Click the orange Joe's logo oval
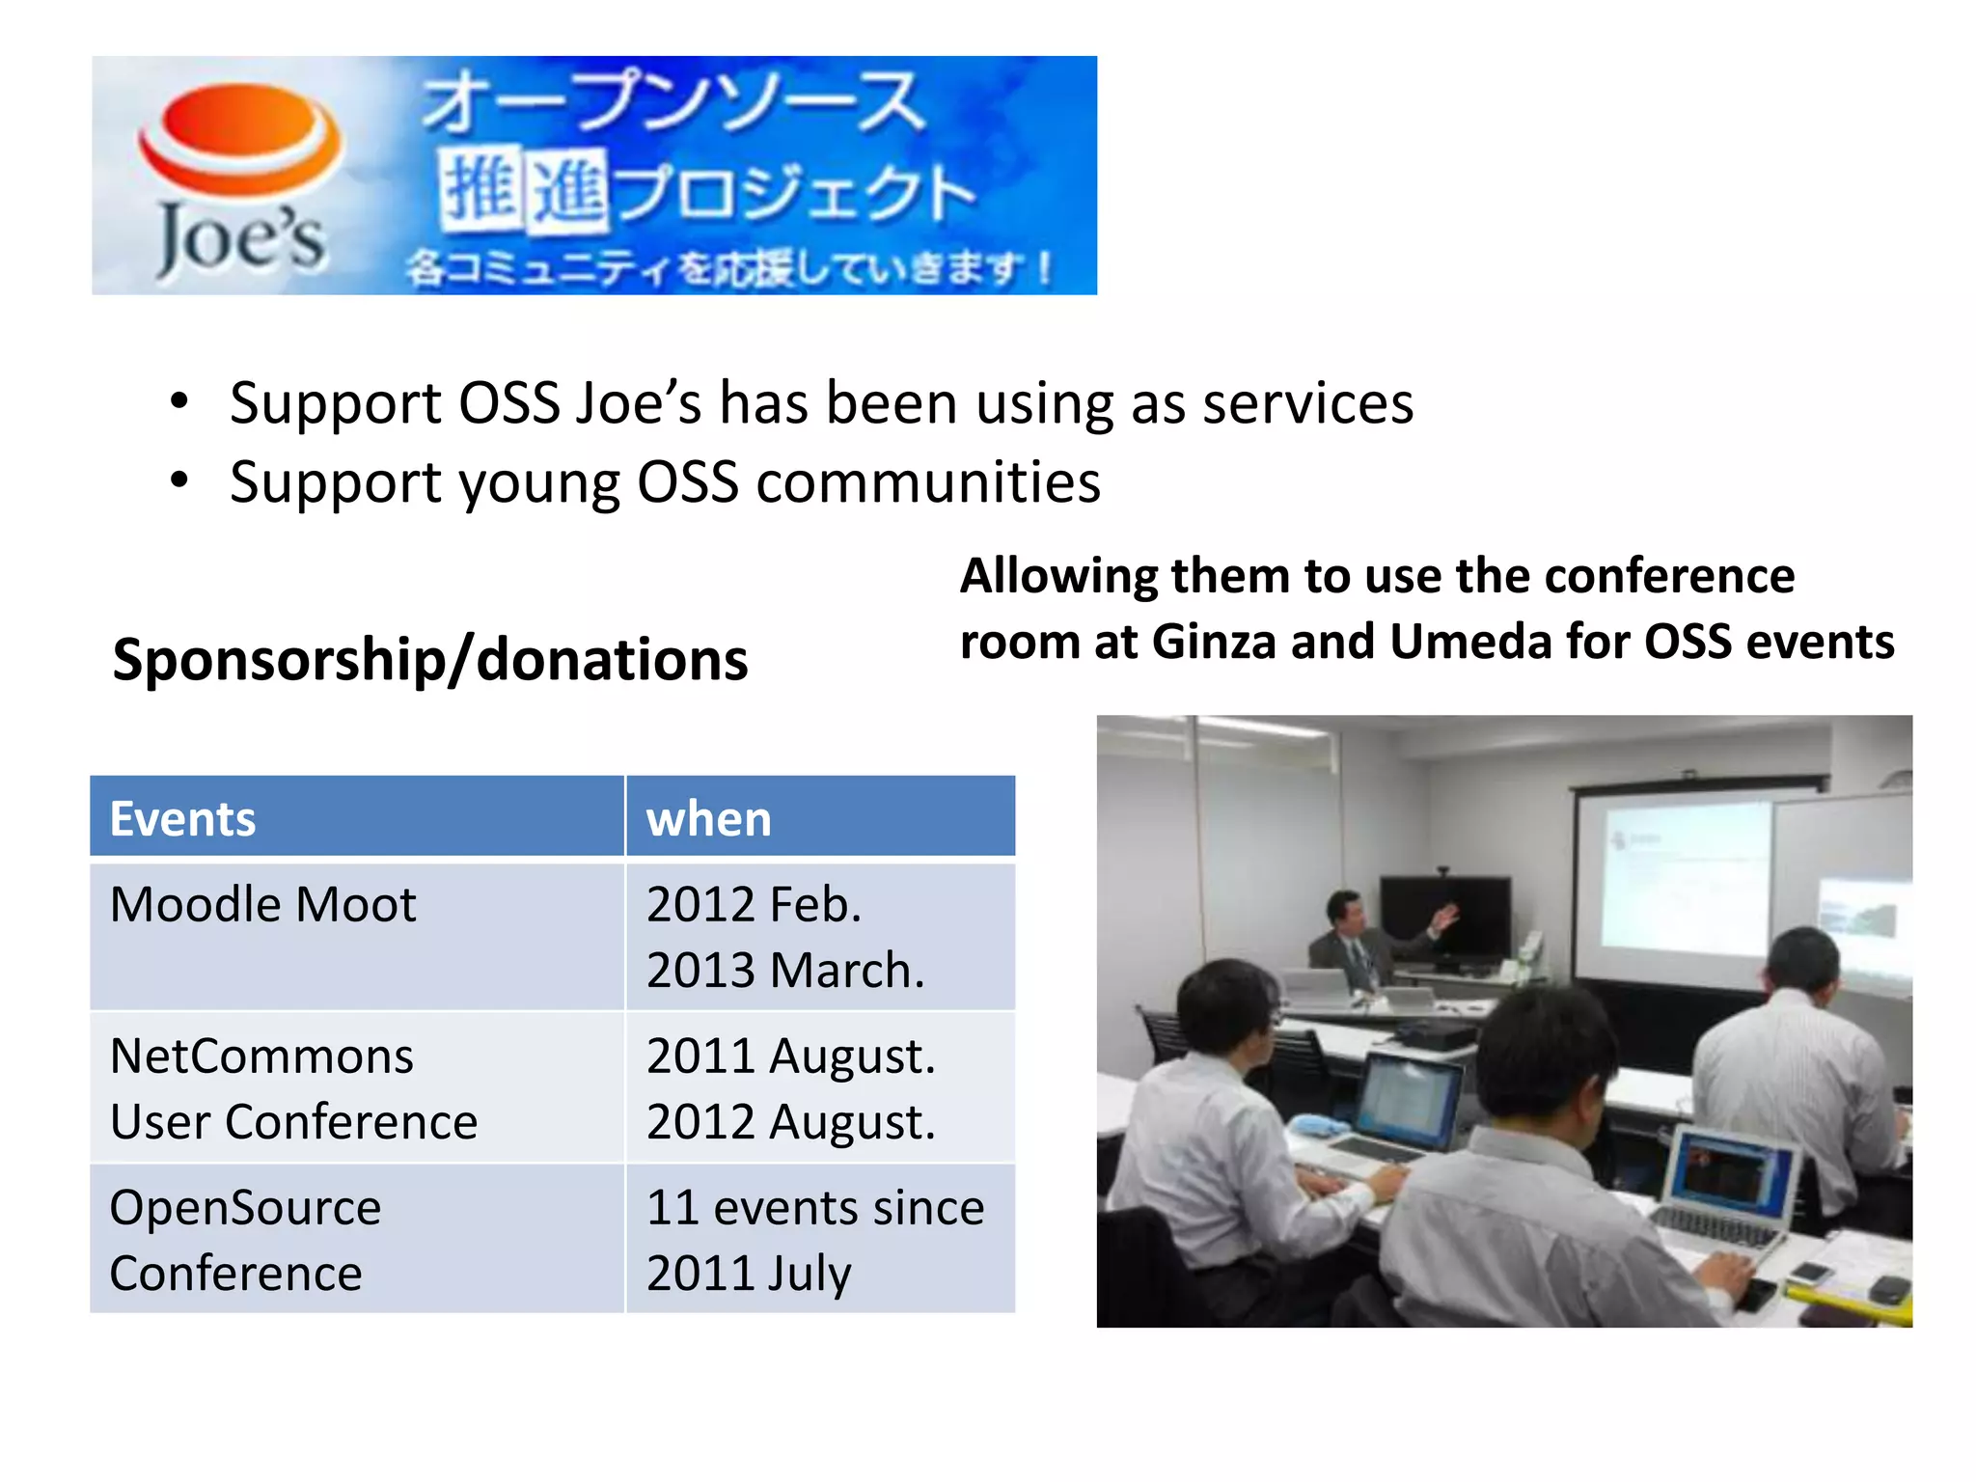[x=240, y=135]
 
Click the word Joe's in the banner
[x=241, y=240]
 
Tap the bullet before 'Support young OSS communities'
[x=179, y=480]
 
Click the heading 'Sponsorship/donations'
[x=430, y=660]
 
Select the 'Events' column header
[x=183, y=819]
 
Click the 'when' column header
[x=709, y=819]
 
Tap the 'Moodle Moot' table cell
[x=263, y=905]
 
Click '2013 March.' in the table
[x=785, y=971]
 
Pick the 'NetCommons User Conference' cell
[x=293, y=1088]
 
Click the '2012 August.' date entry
[x=791, y=1122]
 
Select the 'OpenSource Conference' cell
[x=245, y=1240]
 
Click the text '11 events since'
[x=815, y=1208]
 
